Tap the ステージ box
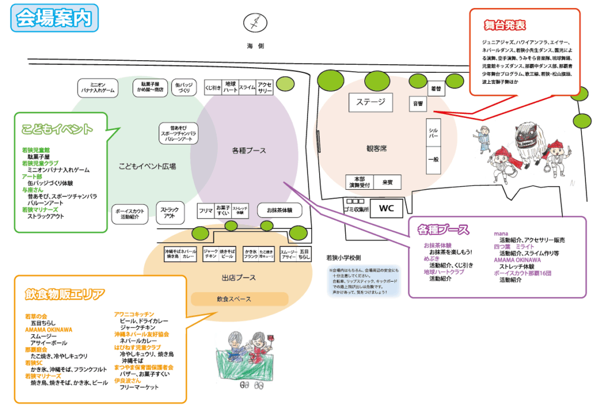point(371,102)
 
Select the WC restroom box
point(387,209)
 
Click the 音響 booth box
point(418,104)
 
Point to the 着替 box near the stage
point(435,89)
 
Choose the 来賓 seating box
point(387,182)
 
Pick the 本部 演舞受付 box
point(359,182)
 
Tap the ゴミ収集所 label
point(356,209)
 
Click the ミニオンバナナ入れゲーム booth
point(98,88)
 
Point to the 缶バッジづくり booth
point(184,88)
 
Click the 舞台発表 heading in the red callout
point(504,25)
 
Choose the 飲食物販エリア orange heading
point(65,294)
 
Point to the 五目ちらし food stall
point(305,254)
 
